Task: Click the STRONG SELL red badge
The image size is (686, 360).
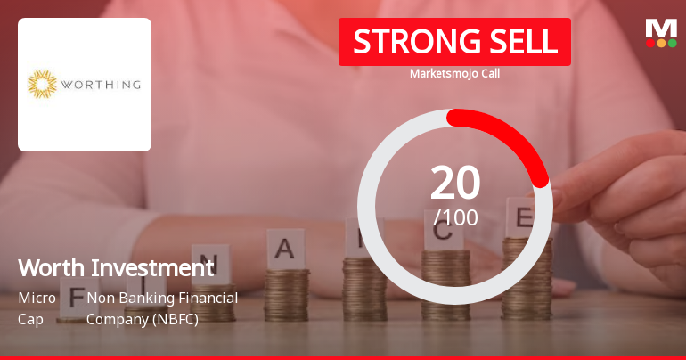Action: [454, 42]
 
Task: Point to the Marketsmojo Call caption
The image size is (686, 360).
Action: [454, 74]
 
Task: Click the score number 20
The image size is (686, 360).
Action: [455, 183]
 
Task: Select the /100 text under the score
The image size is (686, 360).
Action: [455, 217]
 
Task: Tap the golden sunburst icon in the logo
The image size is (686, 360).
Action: [42, 85]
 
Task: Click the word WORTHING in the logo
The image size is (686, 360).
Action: [100, 86]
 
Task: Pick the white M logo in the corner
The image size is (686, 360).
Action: [660, 27]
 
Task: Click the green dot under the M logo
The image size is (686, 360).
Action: [672, 42]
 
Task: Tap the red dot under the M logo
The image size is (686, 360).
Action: [650, 42]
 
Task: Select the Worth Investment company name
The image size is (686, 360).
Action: [116, 267]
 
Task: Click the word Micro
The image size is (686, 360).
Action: [37, 298]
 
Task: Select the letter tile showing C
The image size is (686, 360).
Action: [445, 233]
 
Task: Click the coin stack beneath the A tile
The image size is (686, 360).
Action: [287, 290]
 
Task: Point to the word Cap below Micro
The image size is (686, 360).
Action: [30, 318]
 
